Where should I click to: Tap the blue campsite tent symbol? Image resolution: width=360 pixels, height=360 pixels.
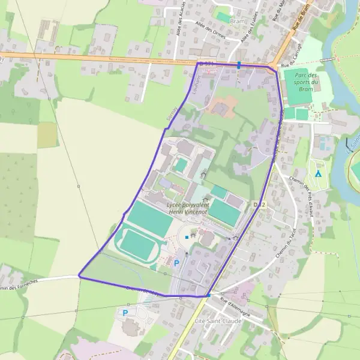[x=318, y=174]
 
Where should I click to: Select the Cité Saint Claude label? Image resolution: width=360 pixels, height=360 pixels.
[x=218, y=321]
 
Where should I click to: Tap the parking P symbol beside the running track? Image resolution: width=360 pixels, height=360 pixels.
[x=176, y=263]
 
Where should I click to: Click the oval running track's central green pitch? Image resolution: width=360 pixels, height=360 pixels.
[x=137, y=245]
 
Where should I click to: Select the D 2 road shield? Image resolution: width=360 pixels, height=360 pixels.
[x=259, y=205]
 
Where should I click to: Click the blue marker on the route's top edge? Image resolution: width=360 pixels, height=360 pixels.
[x=239, y=65]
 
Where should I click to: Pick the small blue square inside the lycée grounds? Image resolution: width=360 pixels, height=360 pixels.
[x=187, y=238]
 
